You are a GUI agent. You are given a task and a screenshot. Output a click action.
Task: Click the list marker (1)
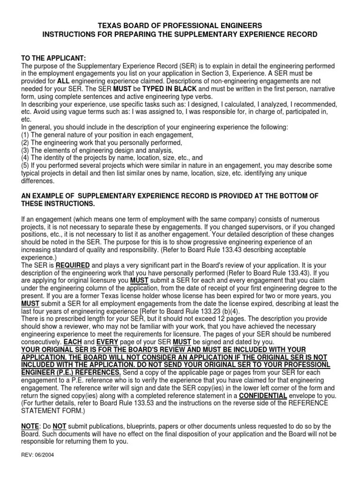[x=26, y=135]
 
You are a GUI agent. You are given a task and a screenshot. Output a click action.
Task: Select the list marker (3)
[x=26, y=150]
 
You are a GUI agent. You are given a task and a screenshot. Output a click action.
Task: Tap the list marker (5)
[x=26, y=165]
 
